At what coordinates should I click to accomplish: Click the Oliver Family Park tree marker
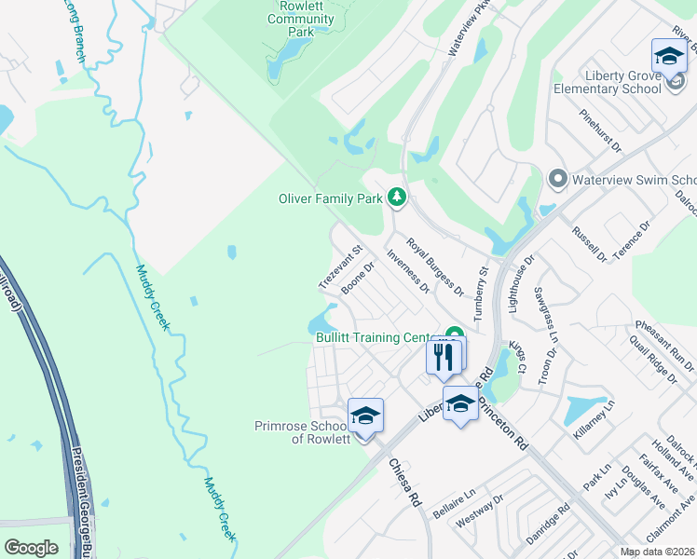pyautogui.click(x=397, y=198)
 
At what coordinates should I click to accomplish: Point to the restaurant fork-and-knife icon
pyautogui.click(x=444, y=356)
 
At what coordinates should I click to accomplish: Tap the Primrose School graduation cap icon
pyautogui.click(x=366, y=416)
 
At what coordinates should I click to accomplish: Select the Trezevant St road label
pyautogui.click(x=339, y=267)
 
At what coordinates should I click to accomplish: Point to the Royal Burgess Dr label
pyautogui.click(x=434, y=266)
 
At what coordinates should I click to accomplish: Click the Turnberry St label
pyautogui.click(x=481, y=293)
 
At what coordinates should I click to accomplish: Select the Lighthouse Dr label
pyautogui.click(x=520, y=281)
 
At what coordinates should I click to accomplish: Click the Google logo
pyautogui.click(x=31, y=548)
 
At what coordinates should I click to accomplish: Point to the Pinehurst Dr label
pyautogui.click(x=600, y=130)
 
